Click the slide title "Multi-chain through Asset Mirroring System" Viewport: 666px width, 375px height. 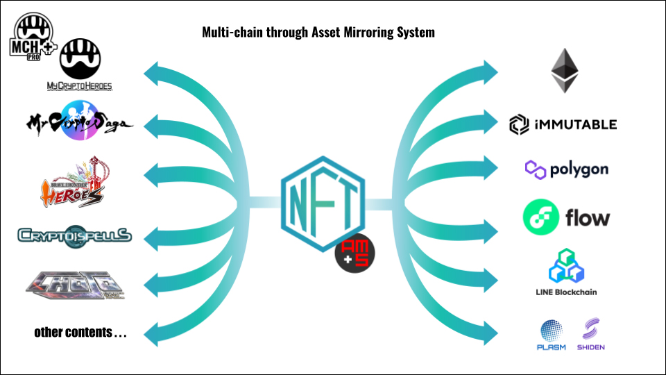click(318, 32)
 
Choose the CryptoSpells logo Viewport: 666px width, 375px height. click(74, 235)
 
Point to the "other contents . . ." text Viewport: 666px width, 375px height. click(80, 333)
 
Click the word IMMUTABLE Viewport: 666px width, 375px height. click(575, 125)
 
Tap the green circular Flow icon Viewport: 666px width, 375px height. click(541, 217)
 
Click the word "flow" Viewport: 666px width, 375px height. click(588, 218)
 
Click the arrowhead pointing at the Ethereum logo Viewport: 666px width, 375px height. click(491, 70)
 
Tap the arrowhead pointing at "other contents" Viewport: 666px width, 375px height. click(151, 332)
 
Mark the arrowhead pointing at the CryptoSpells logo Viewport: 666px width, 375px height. click(151, 236)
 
